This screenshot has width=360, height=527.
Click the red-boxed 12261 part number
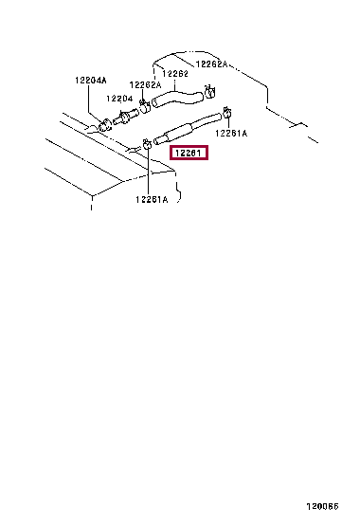point(188,152)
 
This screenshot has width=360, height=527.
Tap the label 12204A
point(92,81)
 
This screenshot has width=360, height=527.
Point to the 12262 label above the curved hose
point(175,73)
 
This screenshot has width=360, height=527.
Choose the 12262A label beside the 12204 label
point(145,84)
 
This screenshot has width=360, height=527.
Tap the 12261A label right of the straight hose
point(230,134)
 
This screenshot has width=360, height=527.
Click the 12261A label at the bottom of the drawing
point(150,199)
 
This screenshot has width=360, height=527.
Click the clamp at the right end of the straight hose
point(227,115)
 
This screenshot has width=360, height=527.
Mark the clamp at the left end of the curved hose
point(143,103)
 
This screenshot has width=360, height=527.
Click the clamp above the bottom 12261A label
point(148,145)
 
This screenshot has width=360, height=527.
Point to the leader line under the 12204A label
point(97,101)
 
